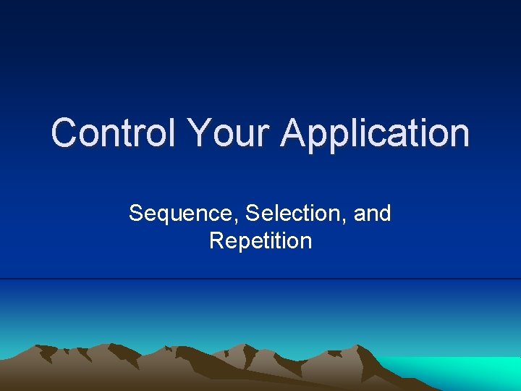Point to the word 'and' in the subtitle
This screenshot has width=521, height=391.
pos(373,214)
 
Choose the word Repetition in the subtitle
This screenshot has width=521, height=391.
pos(260,240)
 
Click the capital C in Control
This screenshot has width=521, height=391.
pos(65,133)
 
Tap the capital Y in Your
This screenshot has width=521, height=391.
pos(198,133)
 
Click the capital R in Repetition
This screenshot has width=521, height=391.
pos(216,240)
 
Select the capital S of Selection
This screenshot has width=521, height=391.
pos(253,214)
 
